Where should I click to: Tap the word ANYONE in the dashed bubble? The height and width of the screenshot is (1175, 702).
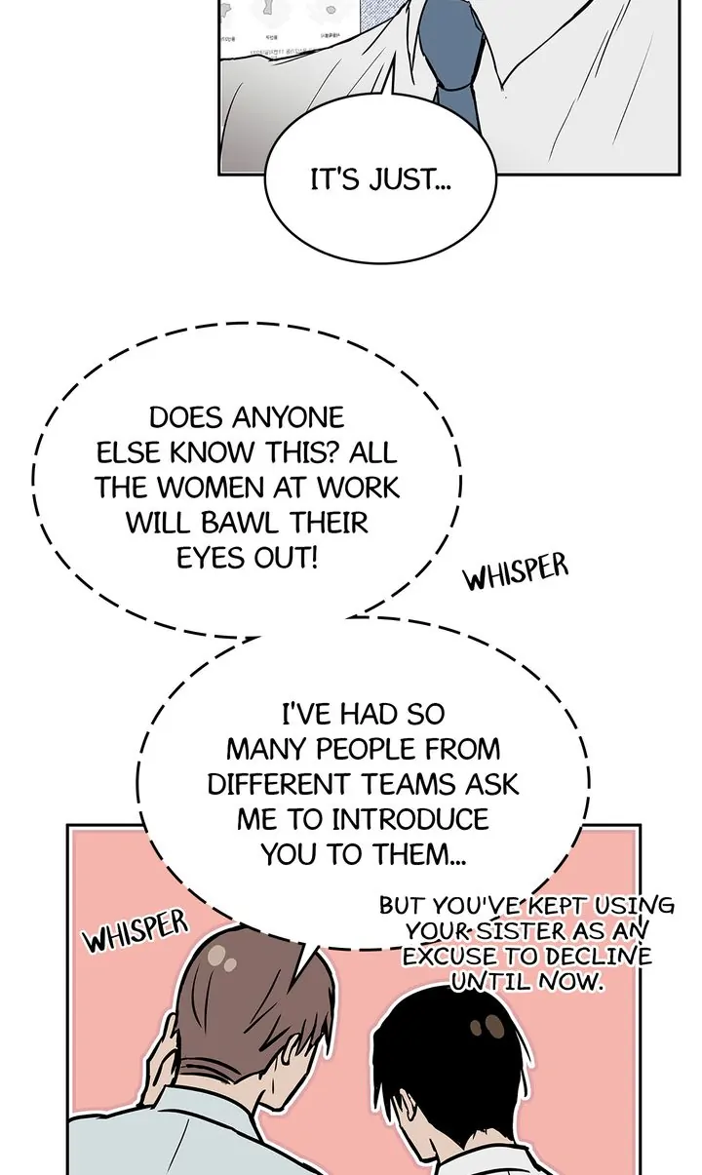tap(290, 418)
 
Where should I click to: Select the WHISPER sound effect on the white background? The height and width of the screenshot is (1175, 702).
tap(515, 573)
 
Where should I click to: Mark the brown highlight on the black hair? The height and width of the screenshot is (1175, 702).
tap(481, 1027)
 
